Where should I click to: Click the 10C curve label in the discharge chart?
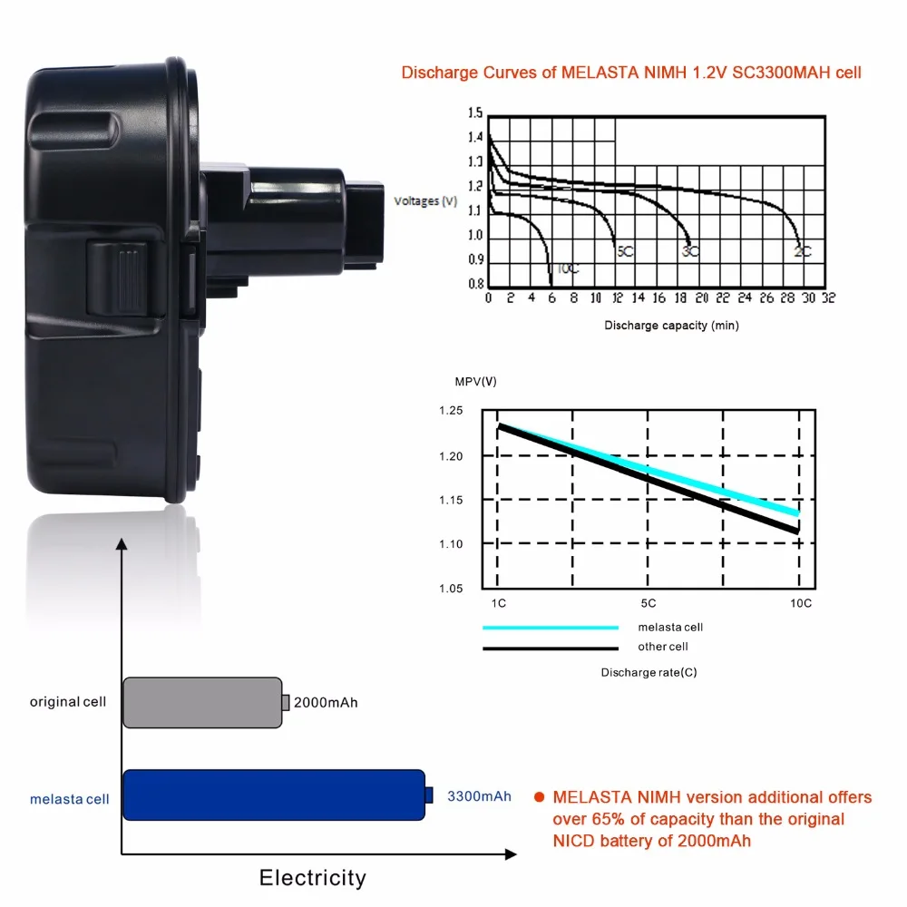pos(568,269)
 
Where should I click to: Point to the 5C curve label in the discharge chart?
pos(625,251)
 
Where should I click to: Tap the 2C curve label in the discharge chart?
pos(803,251)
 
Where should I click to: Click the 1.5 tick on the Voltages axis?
pos(475,112)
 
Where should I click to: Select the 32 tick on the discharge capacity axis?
pos(828,297)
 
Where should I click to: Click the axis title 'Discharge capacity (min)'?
pos(671,325)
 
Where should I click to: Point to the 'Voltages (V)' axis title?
pos(425,200)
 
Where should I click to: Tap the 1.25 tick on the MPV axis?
pos(451,410)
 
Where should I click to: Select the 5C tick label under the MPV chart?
pos(648,603)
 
